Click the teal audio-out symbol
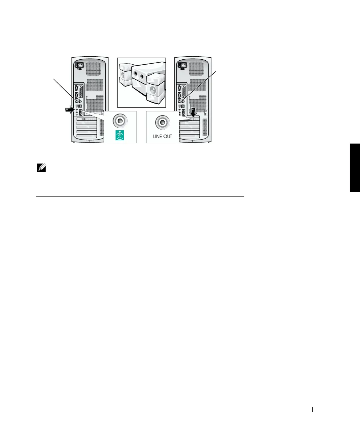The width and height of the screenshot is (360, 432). (x=120, y=135)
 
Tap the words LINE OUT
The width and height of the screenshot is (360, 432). (x=163, y=136)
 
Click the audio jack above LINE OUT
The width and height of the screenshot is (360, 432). (x=163, y=122)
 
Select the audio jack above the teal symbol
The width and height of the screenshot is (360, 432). (x=120, y=121)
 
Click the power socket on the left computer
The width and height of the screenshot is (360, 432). (x=80, y=66)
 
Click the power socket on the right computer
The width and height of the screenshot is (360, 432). (x=183, y=66)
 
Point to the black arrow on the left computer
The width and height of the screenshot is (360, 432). (x=69, y=110)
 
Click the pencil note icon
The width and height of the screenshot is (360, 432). (x=41, y=168)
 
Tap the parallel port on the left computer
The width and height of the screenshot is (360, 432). (x=81, y=90)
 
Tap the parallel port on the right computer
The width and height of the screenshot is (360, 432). (x=184, y=90)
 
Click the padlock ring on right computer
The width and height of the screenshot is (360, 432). (x=206, y=114)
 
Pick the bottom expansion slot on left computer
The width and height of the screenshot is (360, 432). (x=87, y=136)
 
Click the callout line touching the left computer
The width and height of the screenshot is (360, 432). (x=64, y=89)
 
